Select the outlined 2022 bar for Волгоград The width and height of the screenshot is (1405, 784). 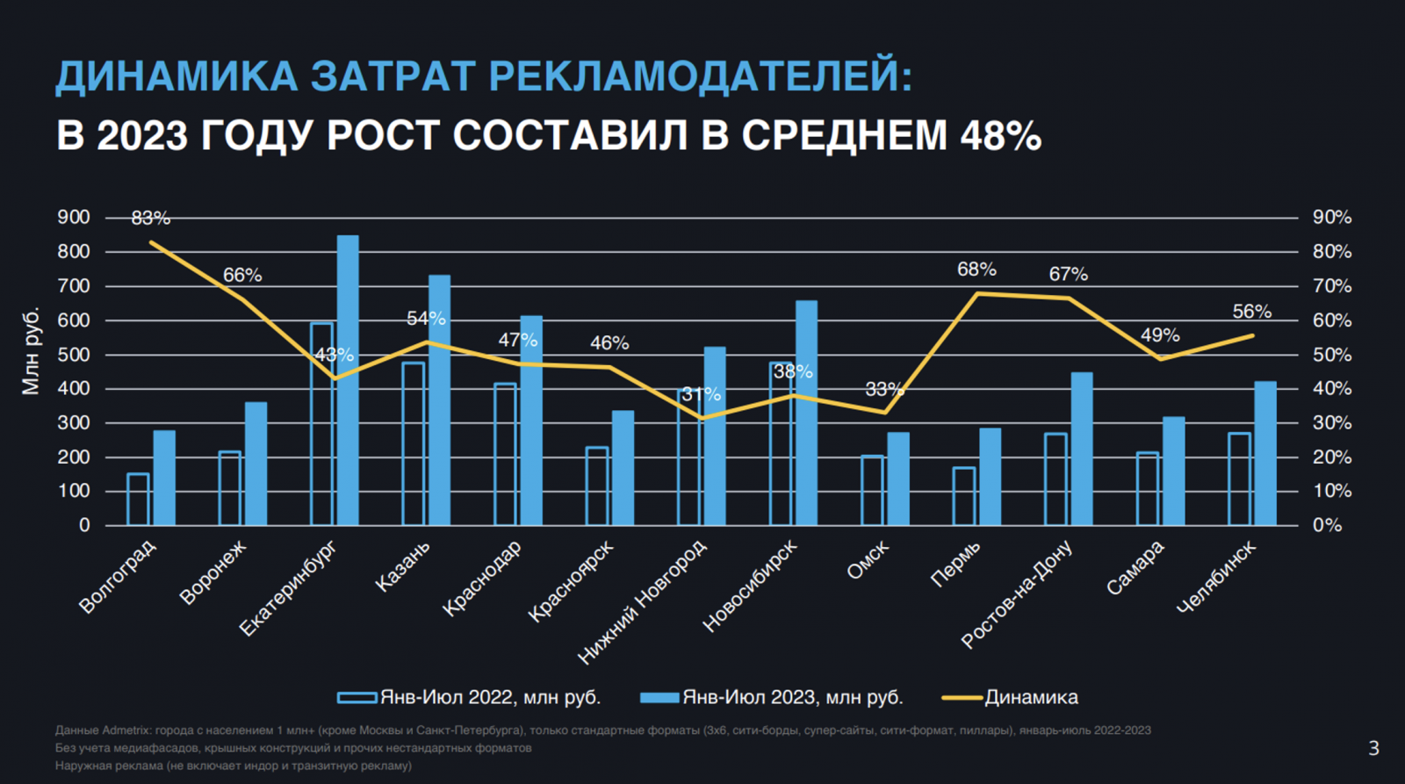pos(138,500)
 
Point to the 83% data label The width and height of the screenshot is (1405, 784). pos(150,218)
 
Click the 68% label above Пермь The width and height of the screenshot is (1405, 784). pos(976,270)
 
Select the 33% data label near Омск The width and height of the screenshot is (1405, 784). pos(883,389)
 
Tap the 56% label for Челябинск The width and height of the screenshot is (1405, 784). pos(1251,312)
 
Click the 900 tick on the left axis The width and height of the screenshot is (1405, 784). pos(74,218)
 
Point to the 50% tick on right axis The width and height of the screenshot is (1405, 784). pos(1331,356)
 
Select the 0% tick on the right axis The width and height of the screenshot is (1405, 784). pos(1327,525)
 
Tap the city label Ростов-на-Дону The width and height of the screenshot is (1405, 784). pos(1017,594)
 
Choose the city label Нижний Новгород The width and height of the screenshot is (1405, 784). pos(642,601)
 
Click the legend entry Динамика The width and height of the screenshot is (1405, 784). pos(1031,697)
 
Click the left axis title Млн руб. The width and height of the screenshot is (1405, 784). pos(31,351)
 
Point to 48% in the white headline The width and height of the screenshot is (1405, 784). pos(1000,136)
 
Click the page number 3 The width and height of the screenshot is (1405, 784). pos(1373,748)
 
